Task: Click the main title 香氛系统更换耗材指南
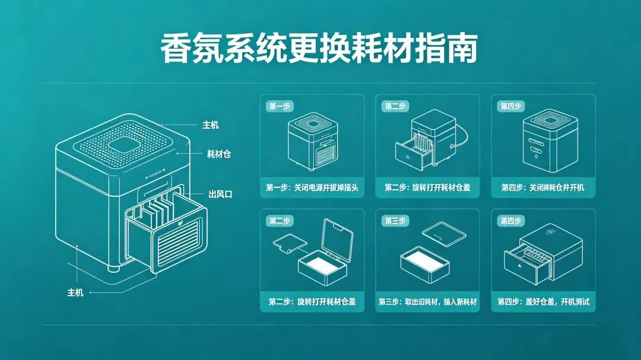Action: (x=319, y=49)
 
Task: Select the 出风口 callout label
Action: (x=220, y=194)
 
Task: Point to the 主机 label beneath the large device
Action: (x=75, y=293)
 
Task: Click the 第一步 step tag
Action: (x=279, y=106)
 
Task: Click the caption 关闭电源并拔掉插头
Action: (x=312, y=187)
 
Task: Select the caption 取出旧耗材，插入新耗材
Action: (x=427, y=302)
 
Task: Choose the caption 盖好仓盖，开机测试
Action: (x=543, y=302)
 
